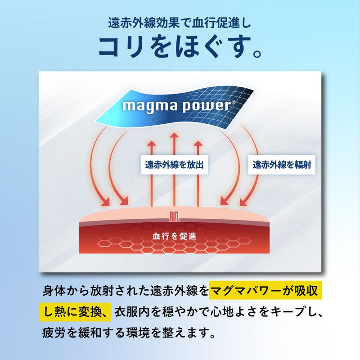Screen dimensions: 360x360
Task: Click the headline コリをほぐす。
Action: pos(180,47)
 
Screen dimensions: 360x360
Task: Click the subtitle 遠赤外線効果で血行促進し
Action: pos(180,23)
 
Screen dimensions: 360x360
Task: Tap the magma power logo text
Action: pos(177,106)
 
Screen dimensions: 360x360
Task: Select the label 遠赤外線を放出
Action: pos(174,165)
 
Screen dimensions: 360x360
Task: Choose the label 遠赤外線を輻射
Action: pos(282,165)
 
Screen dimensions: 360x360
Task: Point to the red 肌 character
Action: pos(174,216)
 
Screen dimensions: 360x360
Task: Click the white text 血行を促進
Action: pos(174,236)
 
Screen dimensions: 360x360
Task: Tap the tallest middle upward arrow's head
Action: pos(174,135)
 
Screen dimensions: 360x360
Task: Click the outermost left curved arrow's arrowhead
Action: pos(105,202)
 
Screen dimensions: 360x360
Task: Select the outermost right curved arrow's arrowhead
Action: pos(244,202)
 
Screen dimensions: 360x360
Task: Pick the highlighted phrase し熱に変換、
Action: pos(75,312)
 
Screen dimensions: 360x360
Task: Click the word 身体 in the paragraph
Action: pos(54,290)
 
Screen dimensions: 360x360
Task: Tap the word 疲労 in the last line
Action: pos(54,333)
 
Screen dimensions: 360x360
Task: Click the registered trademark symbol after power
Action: pos(234,103)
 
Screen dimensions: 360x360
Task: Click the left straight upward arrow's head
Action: pos(152,144)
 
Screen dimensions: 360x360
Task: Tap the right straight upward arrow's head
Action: pos(198,144)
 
